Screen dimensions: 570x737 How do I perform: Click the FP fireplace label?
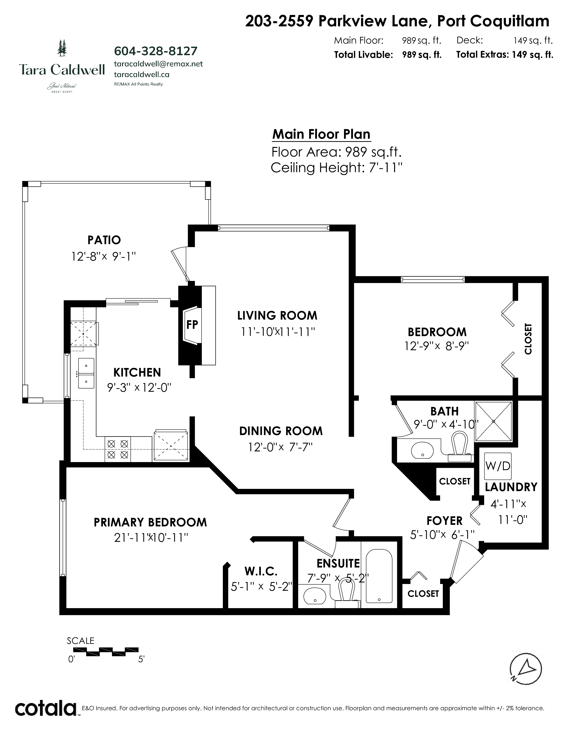[192, 325]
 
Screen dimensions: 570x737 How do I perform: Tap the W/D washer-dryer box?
[498, 466]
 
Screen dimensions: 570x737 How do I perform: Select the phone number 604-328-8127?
[156, 51]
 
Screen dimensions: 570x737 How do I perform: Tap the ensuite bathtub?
[379, 576]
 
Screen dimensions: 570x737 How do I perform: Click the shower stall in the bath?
[493, 421]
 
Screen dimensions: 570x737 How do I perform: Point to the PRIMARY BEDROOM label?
[150, 522]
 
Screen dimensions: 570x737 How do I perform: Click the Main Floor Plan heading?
[321, 134]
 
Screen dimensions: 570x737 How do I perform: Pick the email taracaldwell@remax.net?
[158, 64]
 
